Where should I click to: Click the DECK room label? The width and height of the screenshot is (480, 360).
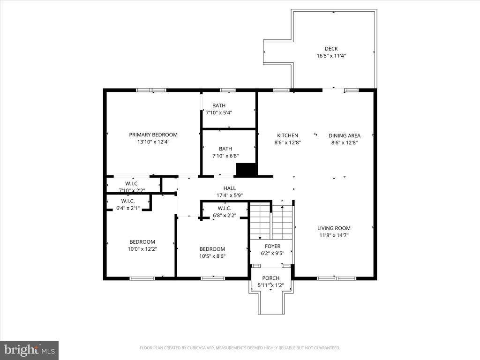click(x=331, y=49)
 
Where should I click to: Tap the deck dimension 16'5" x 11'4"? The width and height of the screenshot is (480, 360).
click(x=331, y=56)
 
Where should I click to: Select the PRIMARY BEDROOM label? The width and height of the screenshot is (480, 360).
click(x=153, y=135)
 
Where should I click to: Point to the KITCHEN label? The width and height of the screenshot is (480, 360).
click(x=287, y=135)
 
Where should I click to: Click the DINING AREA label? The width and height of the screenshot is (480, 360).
click(x=344, y=135)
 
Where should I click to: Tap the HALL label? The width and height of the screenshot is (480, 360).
click(x=230, y=188)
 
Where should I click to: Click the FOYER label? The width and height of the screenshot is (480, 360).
click(x=272, y=246)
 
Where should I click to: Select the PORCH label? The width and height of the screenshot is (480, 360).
click(x=270, y=278)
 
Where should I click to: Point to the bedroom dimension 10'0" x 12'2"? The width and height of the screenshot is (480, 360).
click(x=142, y=249)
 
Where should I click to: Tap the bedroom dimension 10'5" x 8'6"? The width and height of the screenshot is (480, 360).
click(x=212, y=256)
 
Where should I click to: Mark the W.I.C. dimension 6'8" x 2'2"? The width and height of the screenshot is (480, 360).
click(x=225, y=216)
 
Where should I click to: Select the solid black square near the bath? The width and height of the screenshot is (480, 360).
click(x=246, y=169)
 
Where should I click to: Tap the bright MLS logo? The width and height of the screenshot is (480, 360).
click(x=29, y=350)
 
